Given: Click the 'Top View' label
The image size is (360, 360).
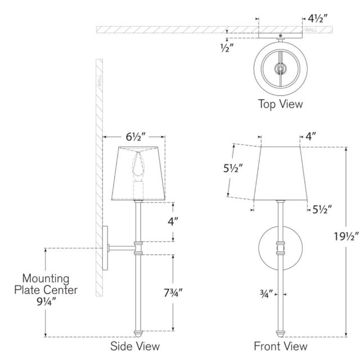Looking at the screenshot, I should pos(280,103).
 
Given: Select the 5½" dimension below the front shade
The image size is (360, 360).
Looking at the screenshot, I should pos(322,210).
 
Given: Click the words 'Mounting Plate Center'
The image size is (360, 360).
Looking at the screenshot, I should pos(46,284).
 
